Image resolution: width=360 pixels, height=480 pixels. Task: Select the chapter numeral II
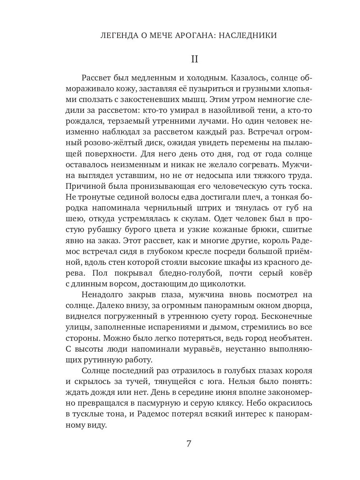pyautogui.click(x=194, y=59)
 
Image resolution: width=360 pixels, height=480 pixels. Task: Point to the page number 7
pyautogui.click(x=189, y=444)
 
